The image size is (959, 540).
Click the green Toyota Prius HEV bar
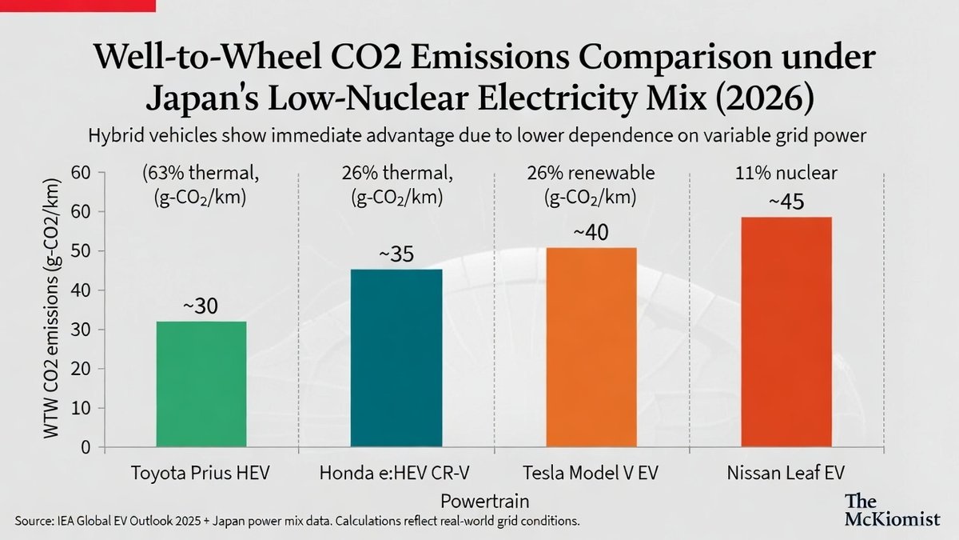coord(201,384)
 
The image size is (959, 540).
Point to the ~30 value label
coord(201,306)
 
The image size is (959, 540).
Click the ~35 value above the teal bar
coord(396,254)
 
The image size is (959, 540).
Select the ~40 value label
coord(591,233)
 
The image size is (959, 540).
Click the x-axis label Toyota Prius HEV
coord(201,473)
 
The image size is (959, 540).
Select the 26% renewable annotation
coord(591,173)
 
